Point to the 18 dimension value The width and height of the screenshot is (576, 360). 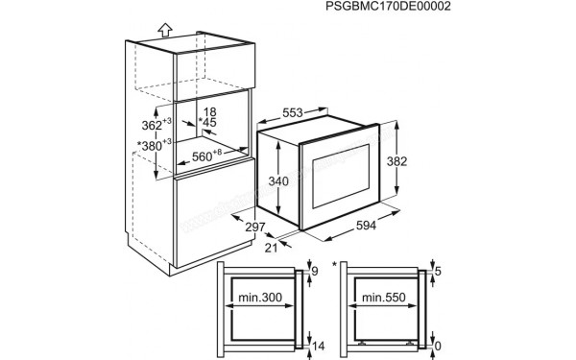tap(210, 111)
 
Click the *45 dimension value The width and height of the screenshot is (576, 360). tap(207, 123)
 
